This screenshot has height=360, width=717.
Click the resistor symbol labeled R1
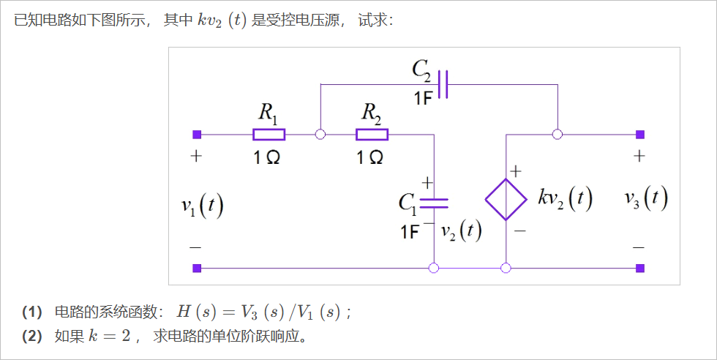coord(269,134)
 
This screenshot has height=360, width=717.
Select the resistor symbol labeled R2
coord(372,134)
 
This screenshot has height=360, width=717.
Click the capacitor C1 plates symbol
coord(434,202)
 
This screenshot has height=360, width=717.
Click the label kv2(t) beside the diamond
coord(565,198)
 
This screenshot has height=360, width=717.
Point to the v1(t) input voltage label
coord(202,204)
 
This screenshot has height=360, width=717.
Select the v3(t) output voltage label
coord(646,198)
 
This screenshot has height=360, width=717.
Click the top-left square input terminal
coord(196,134)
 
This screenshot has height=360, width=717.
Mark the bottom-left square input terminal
coord(196,268)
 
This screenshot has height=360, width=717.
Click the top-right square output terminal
coord(640,134)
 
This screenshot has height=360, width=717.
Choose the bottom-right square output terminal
coord(640,268)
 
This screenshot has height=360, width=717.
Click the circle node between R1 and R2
coord(320,134)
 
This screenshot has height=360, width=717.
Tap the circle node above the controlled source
coord(558,134)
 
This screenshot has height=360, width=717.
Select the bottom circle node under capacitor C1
coord(434,268)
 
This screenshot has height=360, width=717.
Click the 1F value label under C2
coord(423,99)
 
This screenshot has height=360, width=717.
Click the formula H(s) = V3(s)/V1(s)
coord(259,312)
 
